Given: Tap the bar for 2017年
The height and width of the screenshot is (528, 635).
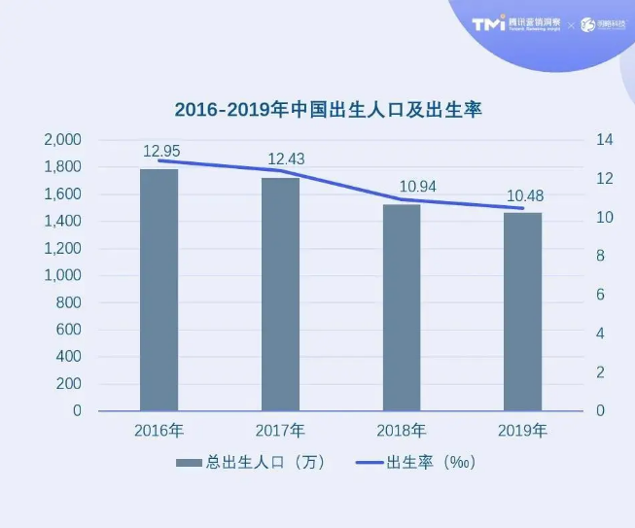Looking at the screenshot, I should click(x=280, y=294).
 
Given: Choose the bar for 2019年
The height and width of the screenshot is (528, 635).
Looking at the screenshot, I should click(x=522, y=311).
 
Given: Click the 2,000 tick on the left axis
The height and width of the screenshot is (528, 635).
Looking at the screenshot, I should click(x=62, y=140).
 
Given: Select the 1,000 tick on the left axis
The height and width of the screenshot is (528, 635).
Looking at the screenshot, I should click(x=62, y=275).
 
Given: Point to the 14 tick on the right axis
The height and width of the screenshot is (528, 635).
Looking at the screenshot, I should click(x=604, y=140).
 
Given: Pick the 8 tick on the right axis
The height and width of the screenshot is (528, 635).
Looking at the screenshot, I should click(x=600, y=256).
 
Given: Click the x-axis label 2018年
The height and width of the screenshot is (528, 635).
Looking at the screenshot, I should click(x=402, y=430).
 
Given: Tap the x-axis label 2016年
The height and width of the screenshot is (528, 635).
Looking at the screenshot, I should click(x=159, y=430).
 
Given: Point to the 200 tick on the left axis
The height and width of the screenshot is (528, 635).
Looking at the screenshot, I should click(x=68, y=384).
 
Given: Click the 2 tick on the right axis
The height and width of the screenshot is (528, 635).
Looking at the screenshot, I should click(x=600, y=372).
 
